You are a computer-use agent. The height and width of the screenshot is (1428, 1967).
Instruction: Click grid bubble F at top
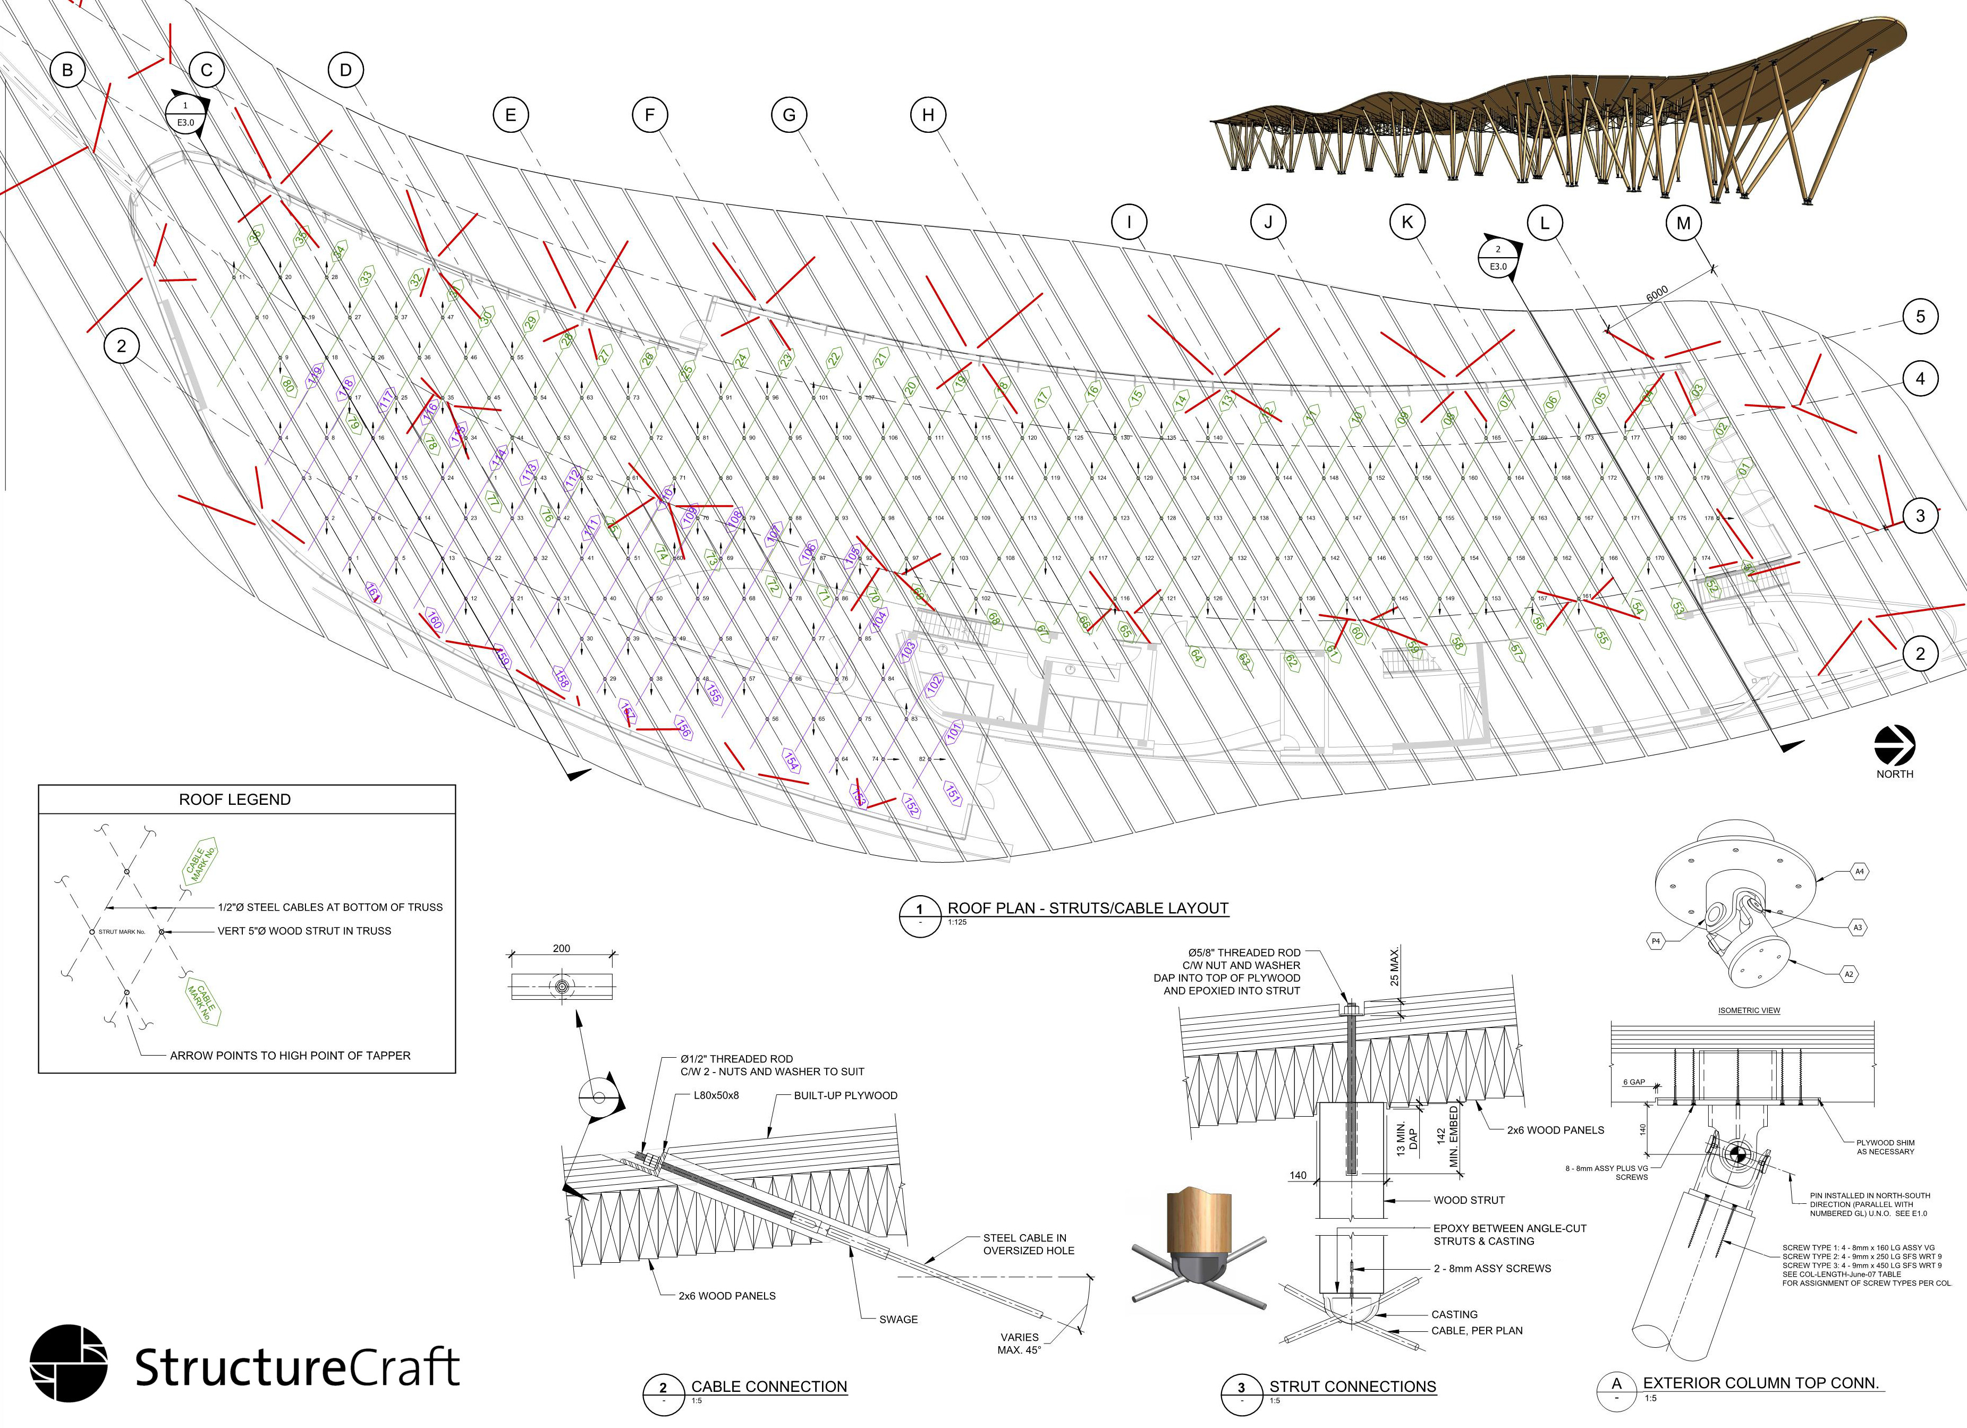[x=650, y=114]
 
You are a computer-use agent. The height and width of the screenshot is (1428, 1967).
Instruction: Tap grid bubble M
[x=1683, y=223]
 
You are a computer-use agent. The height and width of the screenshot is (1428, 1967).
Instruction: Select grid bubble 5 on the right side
[x=1920, y=317]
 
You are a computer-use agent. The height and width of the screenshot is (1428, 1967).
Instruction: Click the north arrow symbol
[x=1894, y=746]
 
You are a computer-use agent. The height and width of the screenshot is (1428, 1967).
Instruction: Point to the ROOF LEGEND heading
[x=234, y=800]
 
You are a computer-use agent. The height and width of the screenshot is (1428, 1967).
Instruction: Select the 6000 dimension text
[x=1657, y=295]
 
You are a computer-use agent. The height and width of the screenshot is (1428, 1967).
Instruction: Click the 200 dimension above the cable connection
[x=561, y=948]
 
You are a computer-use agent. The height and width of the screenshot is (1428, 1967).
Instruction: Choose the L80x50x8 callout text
[x=716, y=1095]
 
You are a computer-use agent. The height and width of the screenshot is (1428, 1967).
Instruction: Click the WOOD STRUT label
[x=1469, y=1200]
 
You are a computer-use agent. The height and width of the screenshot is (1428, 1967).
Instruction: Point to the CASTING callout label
[x=1454, y=1314]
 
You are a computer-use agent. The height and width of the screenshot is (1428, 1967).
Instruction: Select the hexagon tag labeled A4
[x=1859, y=871]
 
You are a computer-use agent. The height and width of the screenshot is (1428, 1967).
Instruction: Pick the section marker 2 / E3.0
[x=1498, y=258]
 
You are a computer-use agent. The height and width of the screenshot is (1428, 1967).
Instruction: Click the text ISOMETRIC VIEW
[x=1749, y=1010]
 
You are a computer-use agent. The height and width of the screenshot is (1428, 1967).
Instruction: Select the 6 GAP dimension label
[x=1634, y=1082]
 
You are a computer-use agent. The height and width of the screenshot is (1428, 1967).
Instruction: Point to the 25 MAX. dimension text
[x=1395, y=967]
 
